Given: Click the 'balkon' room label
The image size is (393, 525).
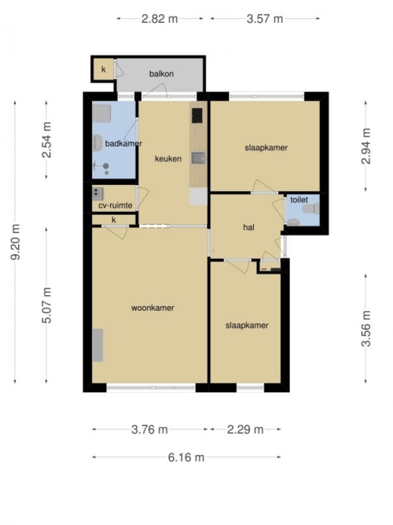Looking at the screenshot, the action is pyautogui.click(x=161, y=74).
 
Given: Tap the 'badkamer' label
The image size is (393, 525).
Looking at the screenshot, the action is pyautogui.click(x=123, y=143).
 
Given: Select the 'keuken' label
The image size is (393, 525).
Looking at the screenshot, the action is pyautogui.click(x=168, y=159).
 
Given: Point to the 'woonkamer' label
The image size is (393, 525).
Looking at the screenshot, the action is pyautogui.click(x=152, y=308).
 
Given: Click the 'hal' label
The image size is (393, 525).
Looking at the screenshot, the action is pyautogui.click(x=248, y=227).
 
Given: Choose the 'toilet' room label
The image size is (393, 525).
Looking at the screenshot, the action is pyautogui.click(x=299, y=200).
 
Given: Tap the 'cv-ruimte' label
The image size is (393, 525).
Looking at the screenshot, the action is pyautogui.click(x=116, y=205).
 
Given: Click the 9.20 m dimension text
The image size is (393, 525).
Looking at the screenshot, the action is pyautogui.click(x=16, y=242).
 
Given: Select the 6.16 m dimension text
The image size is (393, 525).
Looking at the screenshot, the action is pyautogui.click(x=186, y=457).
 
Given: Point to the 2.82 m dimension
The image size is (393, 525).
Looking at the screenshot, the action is pyautogui.click(x=160, y=19).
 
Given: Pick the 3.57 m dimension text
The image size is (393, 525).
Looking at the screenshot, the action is pyautogui.click(x=265, y=19).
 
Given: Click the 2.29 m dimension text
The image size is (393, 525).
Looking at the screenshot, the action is pyautogui.click(x=245, y=429).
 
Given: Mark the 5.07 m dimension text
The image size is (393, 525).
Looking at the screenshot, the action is pyautogui.click(x=47, y=305).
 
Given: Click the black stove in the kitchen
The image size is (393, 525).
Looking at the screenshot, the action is pyautogui.click(x=197, y=116).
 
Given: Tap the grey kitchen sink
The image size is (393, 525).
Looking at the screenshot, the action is pyautogui.click(x=198, y=158).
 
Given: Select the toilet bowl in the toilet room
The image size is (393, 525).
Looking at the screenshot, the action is pyautogui.click(x=310, y=209).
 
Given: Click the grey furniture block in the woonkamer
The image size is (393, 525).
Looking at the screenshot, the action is pyautogui.click(x=97, y=346).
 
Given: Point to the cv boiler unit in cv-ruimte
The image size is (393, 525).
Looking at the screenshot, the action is pyautogui.click(x=97, y=194).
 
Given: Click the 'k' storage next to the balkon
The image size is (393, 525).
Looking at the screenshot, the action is pyautogui.click(x=103, y=69).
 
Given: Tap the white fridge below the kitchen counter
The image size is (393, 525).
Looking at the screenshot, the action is pyautogui.click(x=198, y=197).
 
